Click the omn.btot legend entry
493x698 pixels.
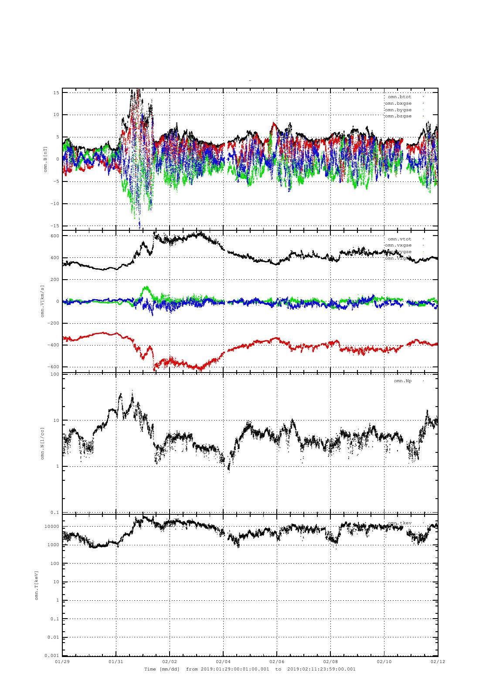pos(399,97)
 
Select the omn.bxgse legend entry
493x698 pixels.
pos(398,103)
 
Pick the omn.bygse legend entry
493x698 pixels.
pos(398,110)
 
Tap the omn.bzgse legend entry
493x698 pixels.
pos(398,116)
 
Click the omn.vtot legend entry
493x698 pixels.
pos(399,239)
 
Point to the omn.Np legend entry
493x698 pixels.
pos(402,381)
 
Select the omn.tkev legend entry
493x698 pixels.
pos(399,523)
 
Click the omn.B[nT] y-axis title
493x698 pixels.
pos(45,159)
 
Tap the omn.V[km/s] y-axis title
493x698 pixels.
pos(43,301)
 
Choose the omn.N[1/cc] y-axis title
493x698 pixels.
pos(43,443)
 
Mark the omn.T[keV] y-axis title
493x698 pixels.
pos(37,585)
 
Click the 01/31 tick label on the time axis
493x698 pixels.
pos(116,661)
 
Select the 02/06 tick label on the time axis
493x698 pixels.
pos(277,661)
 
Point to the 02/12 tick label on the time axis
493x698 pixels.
pos(438,661)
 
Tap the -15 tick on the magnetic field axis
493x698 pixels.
pos(55,226)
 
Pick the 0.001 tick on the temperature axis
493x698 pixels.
pos(52,656)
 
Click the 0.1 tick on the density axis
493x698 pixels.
pos(55,513)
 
